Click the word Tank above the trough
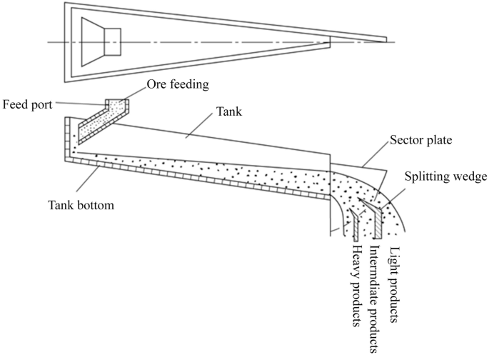(228, 113)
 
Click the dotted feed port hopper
(100, 120)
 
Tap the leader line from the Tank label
(197, 124)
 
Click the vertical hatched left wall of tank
(68, 136)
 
